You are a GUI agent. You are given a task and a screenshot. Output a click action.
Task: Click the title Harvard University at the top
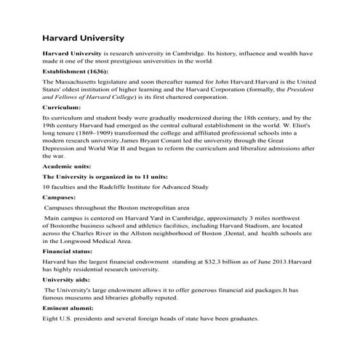(x=83, y=37)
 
